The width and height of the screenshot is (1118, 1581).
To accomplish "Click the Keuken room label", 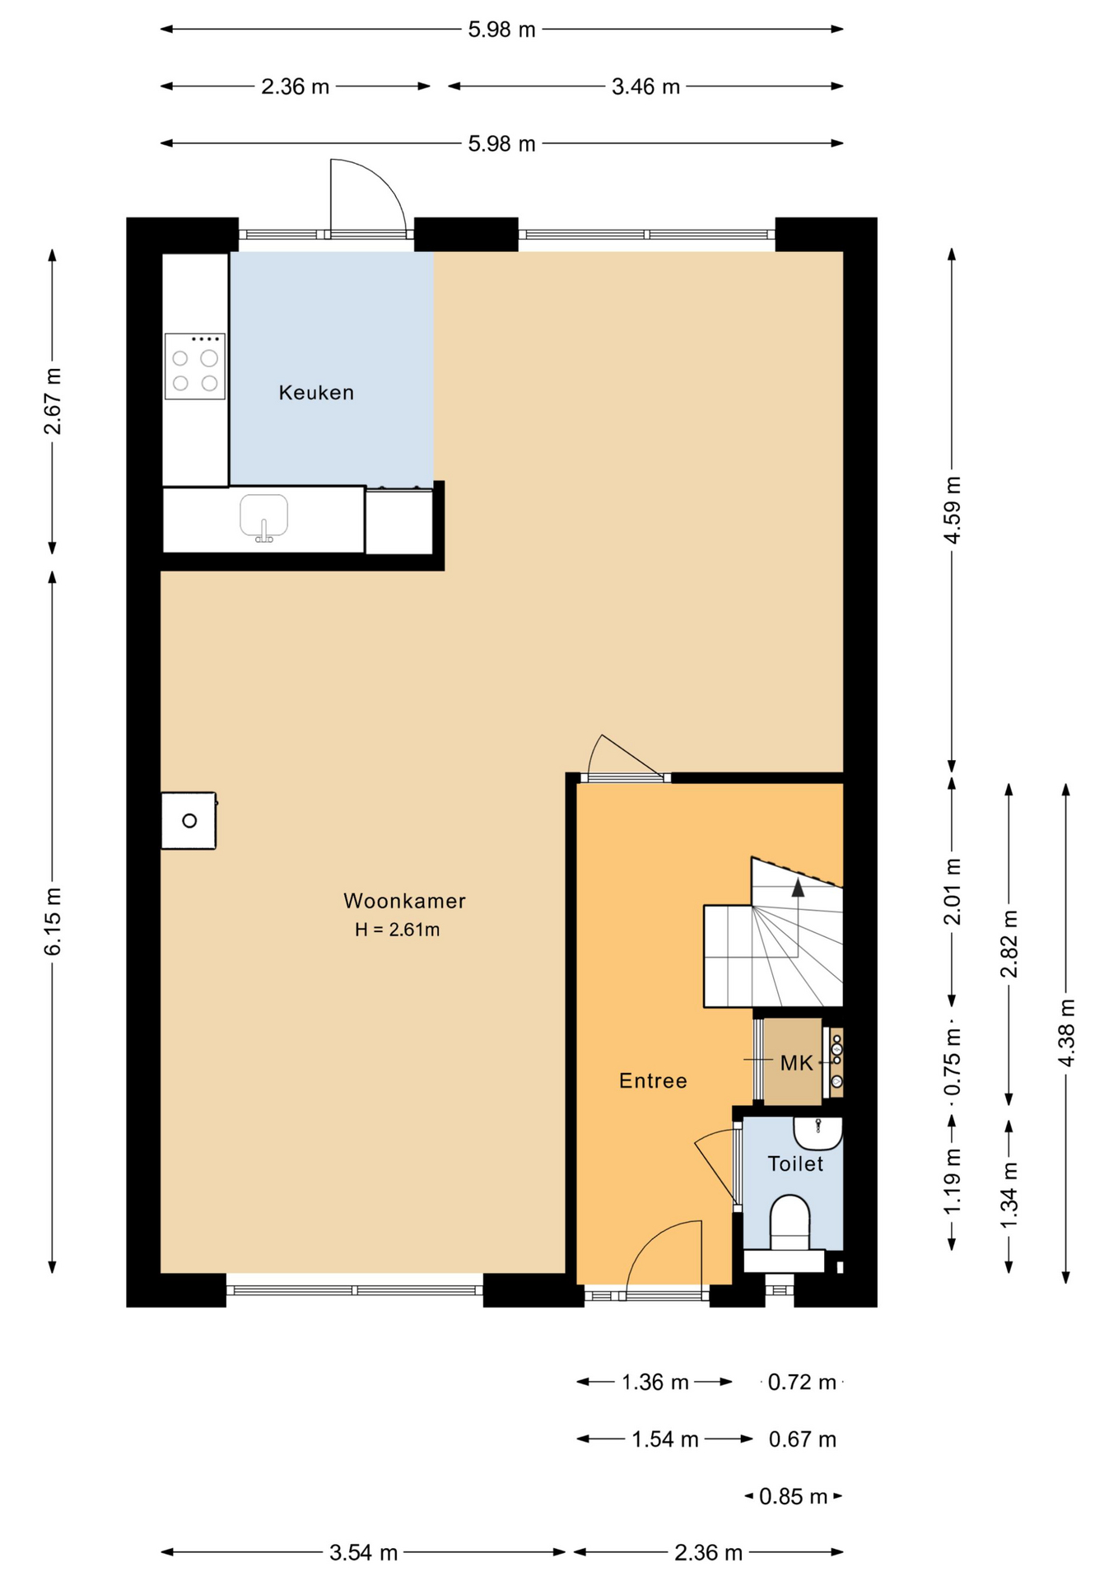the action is click(x=316, y=393).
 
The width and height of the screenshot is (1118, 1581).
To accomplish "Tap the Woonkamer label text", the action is click(x=404, y=901).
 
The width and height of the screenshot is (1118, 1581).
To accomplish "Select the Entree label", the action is click(x=653, y=1080).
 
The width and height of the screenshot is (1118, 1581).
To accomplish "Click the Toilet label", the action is click(x=795, y=1164).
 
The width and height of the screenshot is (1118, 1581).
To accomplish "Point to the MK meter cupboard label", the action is click(x=796, y=1063).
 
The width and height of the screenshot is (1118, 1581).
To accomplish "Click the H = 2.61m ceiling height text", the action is click(x=397, y=930).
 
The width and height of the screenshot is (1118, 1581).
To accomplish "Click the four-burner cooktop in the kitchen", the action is click(x=195, y=366).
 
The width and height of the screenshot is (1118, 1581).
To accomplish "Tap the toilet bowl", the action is click(x=790, y=1223).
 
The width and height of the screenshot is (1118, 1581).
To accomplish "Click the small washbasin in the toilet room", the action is click(x=818, y=1132).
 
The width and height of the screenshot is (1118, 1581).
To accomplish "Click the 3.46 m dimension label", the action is click(x=645, y=86).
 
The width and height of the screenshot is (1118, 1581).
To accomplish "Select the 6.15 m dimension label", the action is click(x=53, y=922).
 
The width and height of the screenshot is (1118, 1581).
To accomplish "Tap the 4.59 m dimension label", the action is click(x=953, y=510).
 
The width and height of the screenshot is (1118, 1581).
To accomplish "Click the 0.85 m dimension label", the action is click(x=793, y=1496).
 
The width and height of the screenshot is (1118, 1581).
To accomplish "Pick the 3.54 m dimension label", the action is click(x=363, y=1553).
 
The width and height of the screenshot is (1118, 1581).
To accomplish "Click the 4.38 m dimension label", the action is click(x=1066, y=1033).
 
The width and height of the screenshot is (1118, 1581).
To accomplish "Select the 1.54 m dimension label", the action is click(x=664, y=1439).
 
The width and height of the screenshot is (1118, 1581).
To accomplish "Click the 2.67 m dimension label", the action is click(x=53, y=401).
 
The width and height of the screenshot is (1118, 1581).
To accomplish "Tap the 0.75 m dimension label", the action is click(x=953, y=1063).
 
